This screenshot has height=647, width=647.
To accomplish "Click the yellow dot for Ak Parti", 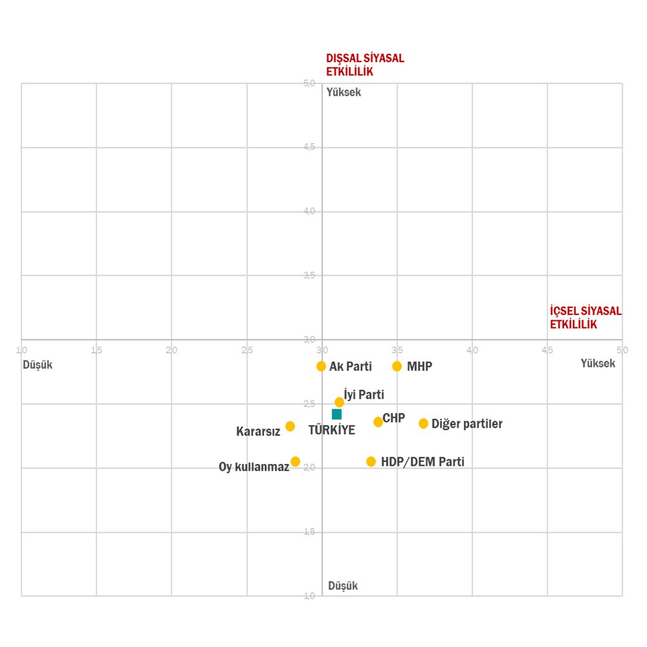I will (x=321, y=366).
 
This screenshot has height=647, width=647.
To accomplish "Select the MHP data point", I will (x=397, y=366).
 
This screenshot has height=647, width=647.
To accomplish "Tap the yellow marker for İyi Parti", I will (x=339, y=402).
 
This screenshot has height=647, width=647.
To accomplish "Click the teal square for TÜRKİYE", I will (x=336, y=414).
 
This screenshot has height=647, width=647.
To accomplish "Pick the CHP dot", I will (x=378, y=422).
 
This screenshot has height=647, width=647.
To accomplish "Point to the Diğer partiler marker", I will (x=423, y=423).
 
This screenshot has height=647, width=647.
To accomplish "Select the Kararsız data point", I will (x=290, y=426).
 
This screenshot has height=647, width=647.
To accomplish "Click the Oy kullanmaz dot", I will (x=295, y=461).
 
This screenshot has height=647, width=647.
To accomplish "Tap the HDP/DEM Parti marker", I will (x=371, y=461).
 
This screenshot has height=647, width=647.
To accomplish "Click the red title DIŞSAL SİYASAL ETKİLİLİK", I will (x=365, y=65).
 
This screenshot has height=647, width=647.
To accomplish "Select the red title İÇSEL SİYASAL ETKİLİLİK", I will (x=586, y=318).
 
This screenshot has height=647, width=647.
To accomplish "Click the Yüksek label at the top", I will (x=344, y=93).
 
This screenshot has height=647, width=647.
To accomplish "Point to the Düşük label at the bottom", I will (x=343, y=586).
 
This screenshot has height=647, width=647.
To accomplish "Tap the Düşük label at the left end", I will (x=38, y=365).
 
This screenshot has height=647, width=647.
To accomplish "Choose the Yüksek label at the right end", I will (x=598, y=364).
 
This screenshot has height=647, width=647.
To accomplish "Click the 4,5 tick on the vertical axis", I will (x=309, y=148).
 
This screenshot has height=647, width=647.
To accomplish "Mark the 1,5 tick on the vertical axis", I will (x=309, y=532).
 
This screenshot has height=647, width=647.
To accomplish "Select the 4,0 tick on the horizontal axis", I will (x=472, y=350).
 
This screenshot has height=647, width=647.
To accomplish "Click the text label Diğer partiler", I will (x=467, y=424).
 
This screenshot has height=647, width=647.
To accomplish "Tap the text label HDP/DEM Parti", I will (x=422, y=462).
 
